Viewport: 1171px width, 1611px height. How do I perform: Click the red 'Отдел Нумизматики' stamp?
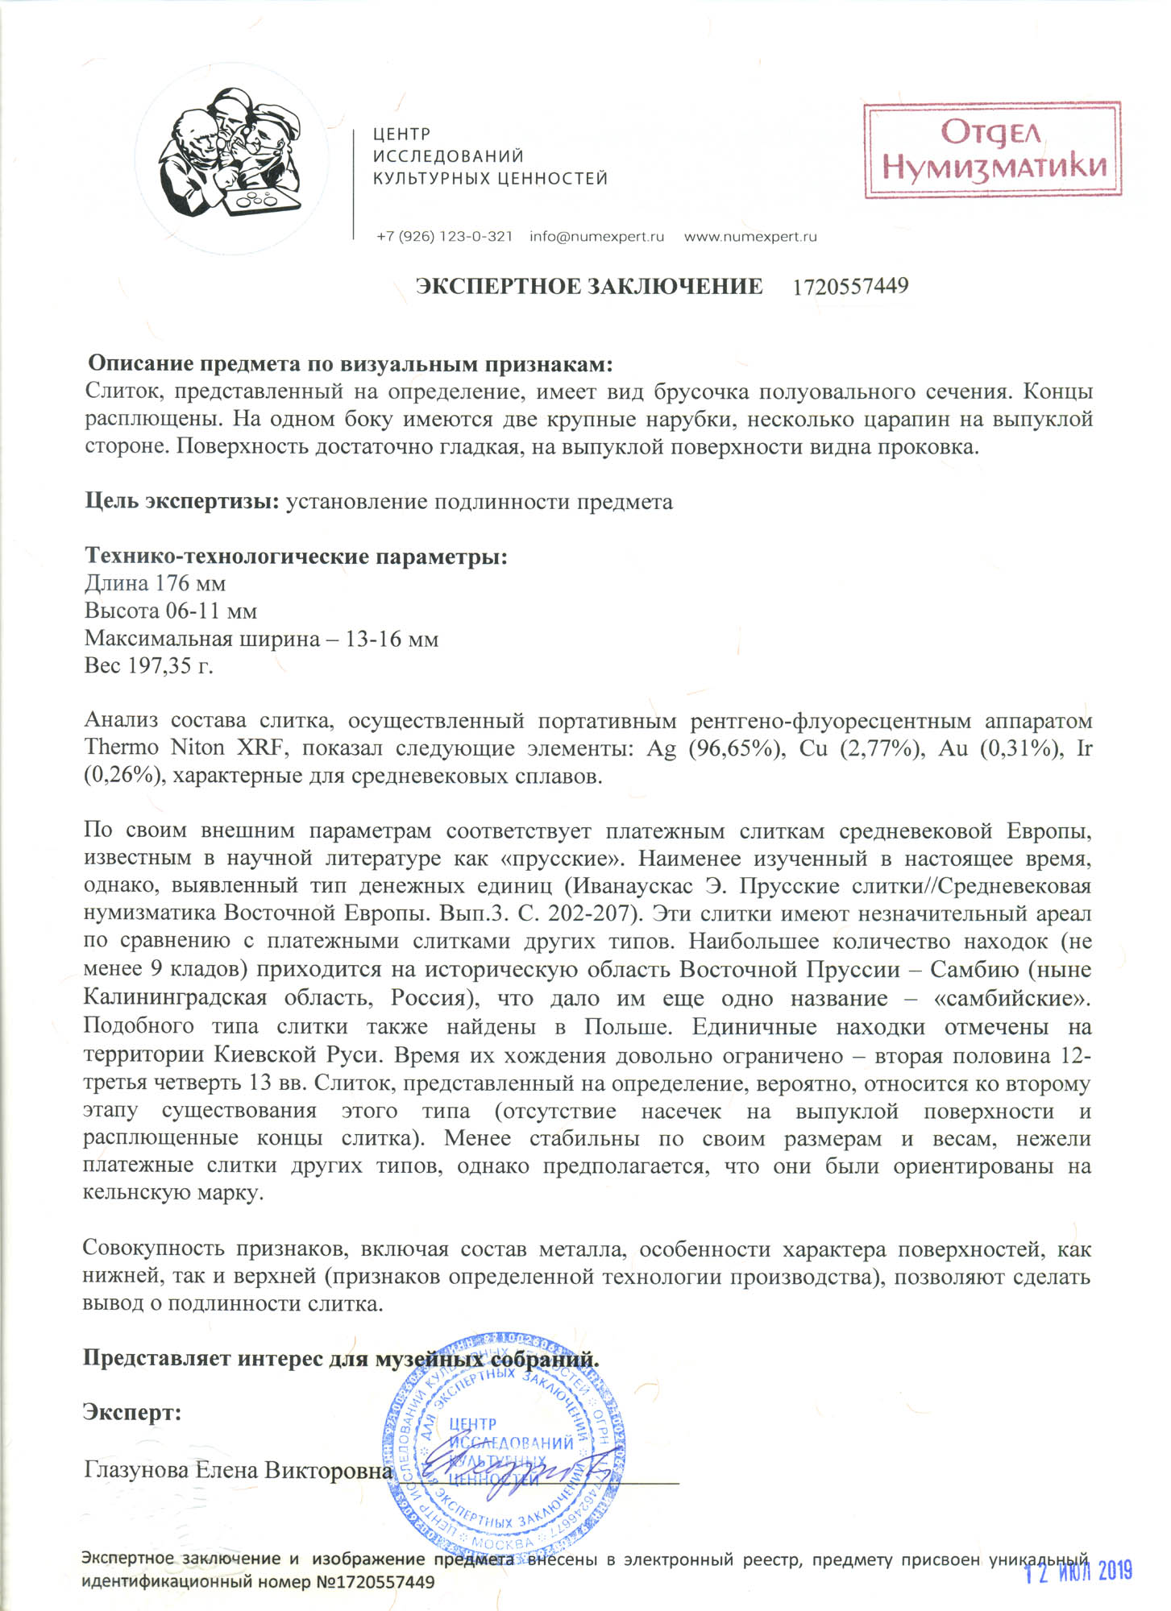tap(992, 150)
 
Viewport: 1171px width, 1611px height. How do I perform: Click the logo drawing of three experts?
tap(231, 153)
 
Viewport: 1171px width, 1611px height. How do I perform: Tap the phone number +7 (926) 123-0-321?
tap(444, 237)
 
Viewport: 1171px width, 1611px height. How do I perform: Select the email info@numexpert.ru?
tap(596, 237)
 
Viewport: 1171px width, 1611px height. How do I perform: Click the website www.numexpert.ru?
tap(750, 237)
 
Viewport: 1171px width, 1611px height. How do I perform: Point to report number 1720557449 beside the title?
tap(850, 287)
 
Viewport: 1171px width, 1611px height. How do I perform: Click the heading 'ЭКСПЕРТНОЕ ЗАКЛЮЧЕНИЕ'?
tap(588, 287)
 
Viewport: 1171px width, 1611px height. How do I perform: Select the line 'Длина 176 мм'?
tap(155, 583)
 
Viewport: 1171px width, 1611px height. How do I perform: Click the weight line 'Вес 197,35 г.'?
tap(148, 666)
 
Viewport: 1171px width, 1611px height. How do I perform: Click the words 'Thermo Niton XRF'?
tap(185, 748)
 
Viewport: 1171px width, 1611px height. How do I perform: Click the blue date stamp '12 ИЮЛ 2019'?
tap(1078, 1571)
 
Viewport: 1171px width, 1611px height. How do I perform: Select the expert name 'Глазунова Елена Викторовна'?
tap(237, 1470)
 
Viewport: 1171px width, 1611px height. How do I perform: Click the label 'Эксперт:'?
tap(132, 1412)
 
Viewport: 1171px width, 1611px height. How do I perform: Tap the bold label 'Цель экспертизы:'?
tap(182, 502)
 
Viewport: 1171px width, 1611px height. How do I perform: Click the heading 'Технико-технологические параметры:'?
tap(296, 556)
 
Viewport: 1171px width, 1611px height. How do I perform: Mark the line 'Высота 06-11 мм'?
tap(171, 611)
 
